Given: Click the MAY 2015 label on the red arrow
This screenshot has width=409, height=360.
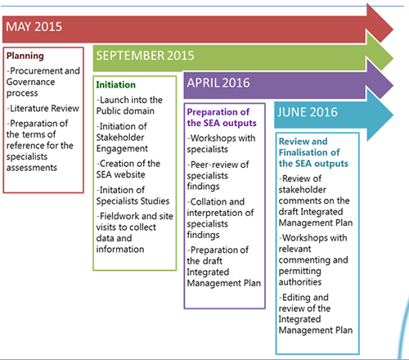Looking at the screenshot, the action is pyautogui.click(x=34, y=27).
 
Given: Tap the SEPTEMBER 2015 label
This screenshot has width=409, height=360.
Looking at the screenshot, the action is pyautogui.click(x=145, y=56).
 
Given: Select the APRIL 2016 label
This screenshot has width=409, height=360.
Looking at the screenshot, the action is pyautogui.click(x=218, y=83).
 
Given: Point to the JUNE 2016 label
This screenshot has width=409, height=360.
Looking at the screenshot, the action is pyautogui.click(x=308, y=112).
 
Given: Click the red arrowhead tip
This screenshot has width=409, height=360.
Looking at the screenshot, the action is pyautogui.click(x=393, y=29).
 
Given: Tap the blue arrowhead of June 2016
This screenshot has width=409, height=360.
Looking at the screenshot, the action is pyautogui.click(x=380, y=115).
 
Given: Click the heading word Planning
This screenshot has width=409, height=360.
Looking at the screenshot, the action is pyautogui.click(x=25, y=56).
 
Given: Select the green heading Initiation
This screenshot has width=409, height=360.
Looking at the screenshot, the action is pyautogui.click(x=115, y=85).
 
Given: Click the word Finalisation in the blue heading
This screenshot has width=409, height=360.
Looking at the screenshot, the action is pyautogui.click(x=309, y=152).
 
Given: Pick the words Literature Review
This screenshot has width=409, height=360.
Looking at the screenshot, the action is pyautogui.click(x=44, y=108).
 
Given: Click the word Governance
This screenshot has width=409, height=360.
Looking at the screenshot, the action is pyautogui.click(x=30, y=82).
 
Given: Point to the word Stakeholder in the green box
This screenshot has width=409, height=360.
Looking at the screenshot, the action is pyautogui.click(x=120, y=137).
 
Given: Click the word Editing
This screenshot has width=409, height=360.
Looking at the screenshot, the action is pyautogui.click(x=296, y=297).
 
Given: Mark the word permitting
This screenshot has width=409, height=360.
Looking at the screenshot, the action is pyautogui.click(x=299, y=271).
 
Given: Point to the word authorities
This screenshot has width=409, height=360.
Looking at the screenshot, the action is pyautogui.click(x=300, y=281).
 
